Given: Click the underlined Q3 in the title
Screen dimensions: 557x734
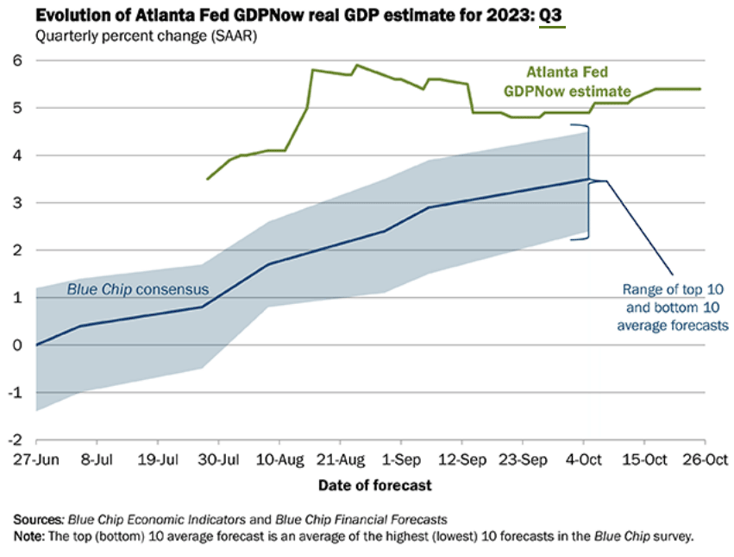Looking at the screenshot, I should (552, 14).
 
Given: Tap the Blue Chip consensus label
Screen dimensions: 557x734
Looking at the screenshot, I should (137, 288).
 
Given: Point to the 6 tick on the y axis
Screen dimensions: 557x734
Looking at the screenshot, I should (16, 60).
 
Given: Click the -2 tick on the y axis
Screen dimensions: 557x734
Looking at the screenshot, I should (14, 440).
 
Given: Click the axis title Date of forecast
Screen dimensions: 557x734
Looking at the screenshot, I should (375, 485).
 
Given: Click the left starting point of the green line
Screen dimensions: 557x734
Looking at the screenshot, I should (207, 179).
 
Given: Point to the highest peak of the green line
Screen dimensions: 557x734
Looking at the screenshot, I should (358, 65).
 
